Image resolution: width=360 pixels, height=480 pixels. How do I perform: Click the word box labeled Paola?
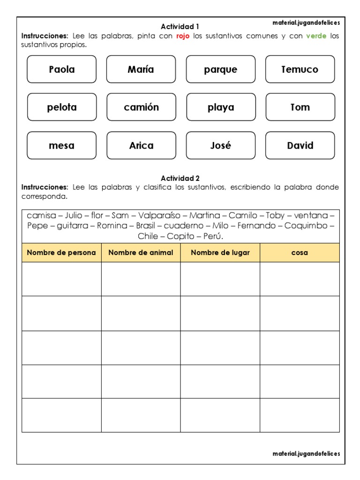pyautogui.click(x=61, y=69)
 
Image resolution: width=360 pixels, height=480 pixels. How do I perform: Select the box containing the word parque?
pyautogui.click(x=220, y=69)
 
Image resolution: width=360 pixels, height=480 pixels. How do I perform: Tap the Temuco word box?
pyautogui.click(x=300, y=69)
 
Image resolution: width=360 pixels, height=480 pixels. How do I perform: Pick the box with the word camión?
pyautogui.click(x=141, y=107)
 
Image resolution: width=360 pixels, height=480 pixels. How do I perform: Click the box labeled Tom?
pyautogui.click(x=300, y=107)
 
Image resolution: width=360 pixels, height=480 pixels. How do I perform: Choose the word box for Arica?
pyautogui.click(x=141, y=145)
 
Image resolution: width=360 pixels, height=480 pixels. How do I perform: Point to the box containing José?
pyautogui.click(x=220, y=145)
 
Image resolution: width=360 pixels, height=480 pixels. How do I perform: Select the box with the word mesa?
pyautogui.click(x=61, y=145)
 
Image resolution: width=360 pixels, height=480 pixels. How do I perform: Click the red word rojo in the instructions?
pyautogui.click(x=183, y=36)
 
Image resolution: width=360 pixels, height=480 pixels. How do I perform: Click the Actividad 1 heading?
pyautogui.click(x=180, y=27)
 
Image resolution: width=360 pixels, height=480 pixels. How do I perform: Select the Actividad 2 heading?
pyautogui.click(x=180, y=178)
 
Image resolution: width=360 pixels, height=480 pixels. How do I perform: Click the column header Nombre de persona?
pyautogui.click(x=61, y=253)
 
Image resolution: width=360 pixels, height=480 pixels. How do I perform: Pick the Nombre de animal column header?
pyautogui.click(x=141, y=253)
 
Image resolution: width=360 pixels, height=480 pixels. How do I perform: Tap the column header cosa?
pyautogui.click(x=300, y=253)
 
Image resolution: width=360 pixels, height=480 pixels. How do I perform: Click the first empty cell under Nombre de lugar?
pyautogui.click(x=220, y=279)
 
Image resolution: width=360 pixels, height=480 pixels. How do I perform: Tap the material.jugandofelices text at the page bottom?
pyautogui.click(x=306, y=454)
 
